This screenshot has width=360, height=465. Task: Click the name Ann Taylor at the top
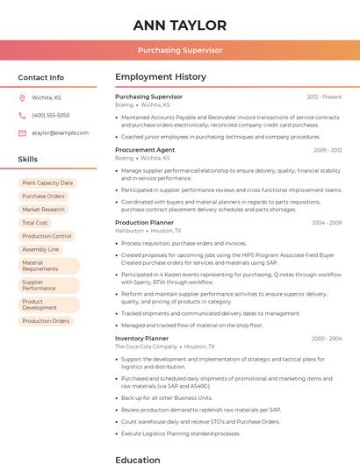coord(180,25)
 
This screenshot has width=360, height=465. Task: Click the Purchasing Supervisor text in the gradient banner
coord(180,51)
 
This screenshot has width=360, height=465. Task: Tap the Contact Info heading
coord(41,77)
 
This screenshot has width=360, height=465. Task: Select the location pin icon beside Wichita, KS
coord(22,98)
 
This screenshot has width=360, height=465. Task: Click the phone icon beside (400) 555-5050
coord(22,116)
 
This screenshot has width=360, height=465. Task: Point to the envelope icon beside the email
coord(22,133)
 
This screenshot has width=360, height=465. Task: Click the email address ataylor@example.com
coord(60,133)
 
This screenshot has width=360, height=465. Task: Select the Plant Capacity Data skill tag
coord(47,183)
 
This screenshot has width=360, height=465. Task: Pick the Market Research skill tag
coord(43,210)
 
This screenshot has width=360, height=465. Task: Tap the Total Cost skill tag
coord(35,223)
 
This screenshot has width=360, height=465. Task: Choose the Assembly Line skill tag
coord(40,249)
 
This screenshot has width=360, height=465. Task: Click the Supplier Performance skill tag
coord(39,285)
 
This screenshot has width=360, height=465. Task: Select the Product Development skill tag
coord(40,305)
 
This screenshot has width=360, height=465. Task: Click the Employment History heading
coord(161,77)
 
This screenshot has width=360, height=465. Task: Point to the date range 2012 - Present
coord(324,97)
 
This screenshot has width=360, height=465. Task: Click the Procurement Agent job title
coord(145,150)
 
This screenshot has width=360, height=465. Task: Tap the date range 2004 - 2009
coord(326,223)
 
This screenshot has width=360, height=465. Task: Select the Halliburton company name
coord(131,232)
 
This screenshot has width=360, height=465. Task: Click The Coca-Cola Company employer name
coord(146,347)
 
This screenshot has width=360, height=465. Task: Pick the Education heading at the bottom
coord(138,459)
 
